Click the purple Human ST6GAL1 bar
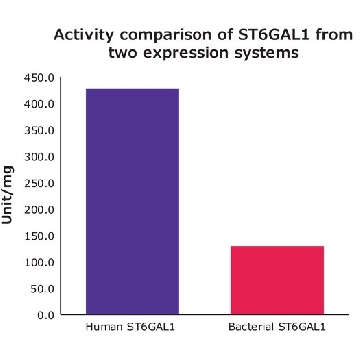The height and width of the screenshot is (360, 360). tap(132, 201)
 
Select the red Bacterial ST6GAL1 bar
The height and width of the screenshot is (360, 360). tap(277, 280)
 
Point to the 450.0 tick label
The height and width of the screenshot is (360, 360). tap(39, 78)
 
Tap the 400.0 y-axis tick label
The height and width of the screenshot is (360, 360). tap(39, 104)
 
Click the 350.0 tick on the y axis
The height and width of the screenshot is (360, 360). tap(39, 131)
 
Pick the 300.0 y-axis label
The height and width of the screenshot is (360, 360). tap(39, 157)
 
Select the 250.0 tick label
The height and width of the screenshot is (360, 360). tap(39, 183)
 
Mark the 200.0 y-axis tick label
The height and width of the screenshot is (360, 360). tap(39, 210)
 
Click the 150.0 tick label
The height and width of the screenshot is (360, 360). tap(39, 236)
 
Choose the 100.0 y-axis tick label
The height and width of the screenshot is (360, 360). tap(39, 262)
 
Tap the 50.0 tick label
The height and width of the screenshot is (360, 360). tap(42, 289)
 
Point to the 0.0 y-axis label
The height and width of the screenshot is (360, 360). tap(45, 315)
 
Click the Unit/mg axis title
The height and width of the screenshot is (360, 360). tap(8, 195)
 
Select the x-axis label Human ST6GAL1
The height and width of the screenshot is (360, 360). tap(130, 327)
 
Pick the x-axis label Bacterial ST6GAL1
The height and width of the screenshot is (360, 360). tap(277, 327)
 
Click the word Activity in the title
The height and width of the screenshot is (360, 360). tap(83, 35)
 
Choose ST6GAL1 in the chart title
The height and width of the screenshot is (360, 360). tap(270, 35)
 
